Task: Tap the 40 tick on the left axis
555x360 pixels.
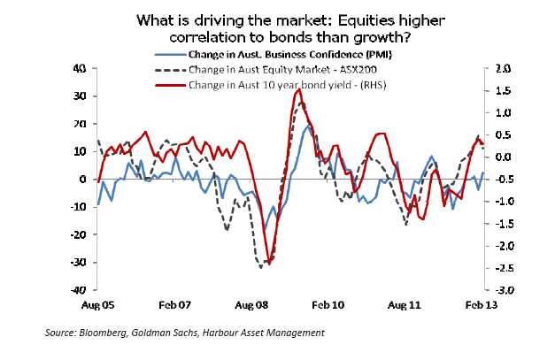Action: (79, 68)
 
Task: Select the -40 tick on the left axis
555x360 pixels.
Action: (77, 290)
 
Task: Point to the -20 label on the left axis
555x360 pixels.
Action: (77, 234)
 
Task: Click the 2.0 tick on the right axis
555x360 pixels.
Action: (503, 68)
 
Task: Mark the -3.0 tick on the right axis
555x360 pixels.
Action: (502, 290)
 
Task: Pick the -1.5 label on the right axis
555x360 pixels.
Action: (502, 224)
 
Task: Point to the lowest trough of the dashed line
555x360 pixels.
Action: (261, 265)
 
